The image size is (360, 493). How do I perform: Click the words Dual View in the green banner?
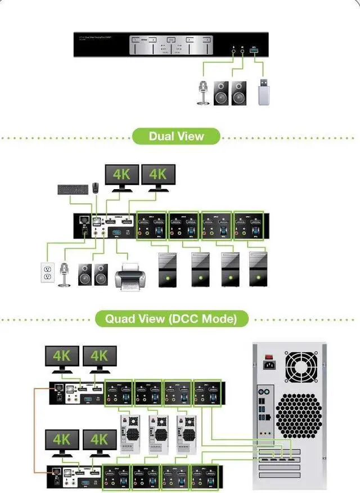click(x=176, y=136)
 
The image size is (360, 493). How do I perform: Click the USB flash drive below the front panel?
click(x=264, y=93)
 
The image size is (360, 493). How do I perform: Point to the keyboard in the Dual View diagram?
click(x=73, y=189)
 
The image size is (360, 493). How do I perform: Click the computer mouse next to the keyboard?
click(x=96, y=187)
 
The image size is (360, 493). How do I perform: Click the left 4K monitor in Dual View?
click(x=122, y=176)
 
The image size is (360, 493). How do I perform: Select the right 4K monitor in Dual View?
click(x=158, y=176)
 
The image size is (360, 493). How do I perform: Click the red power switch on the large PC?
click(x=269, y=356)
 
